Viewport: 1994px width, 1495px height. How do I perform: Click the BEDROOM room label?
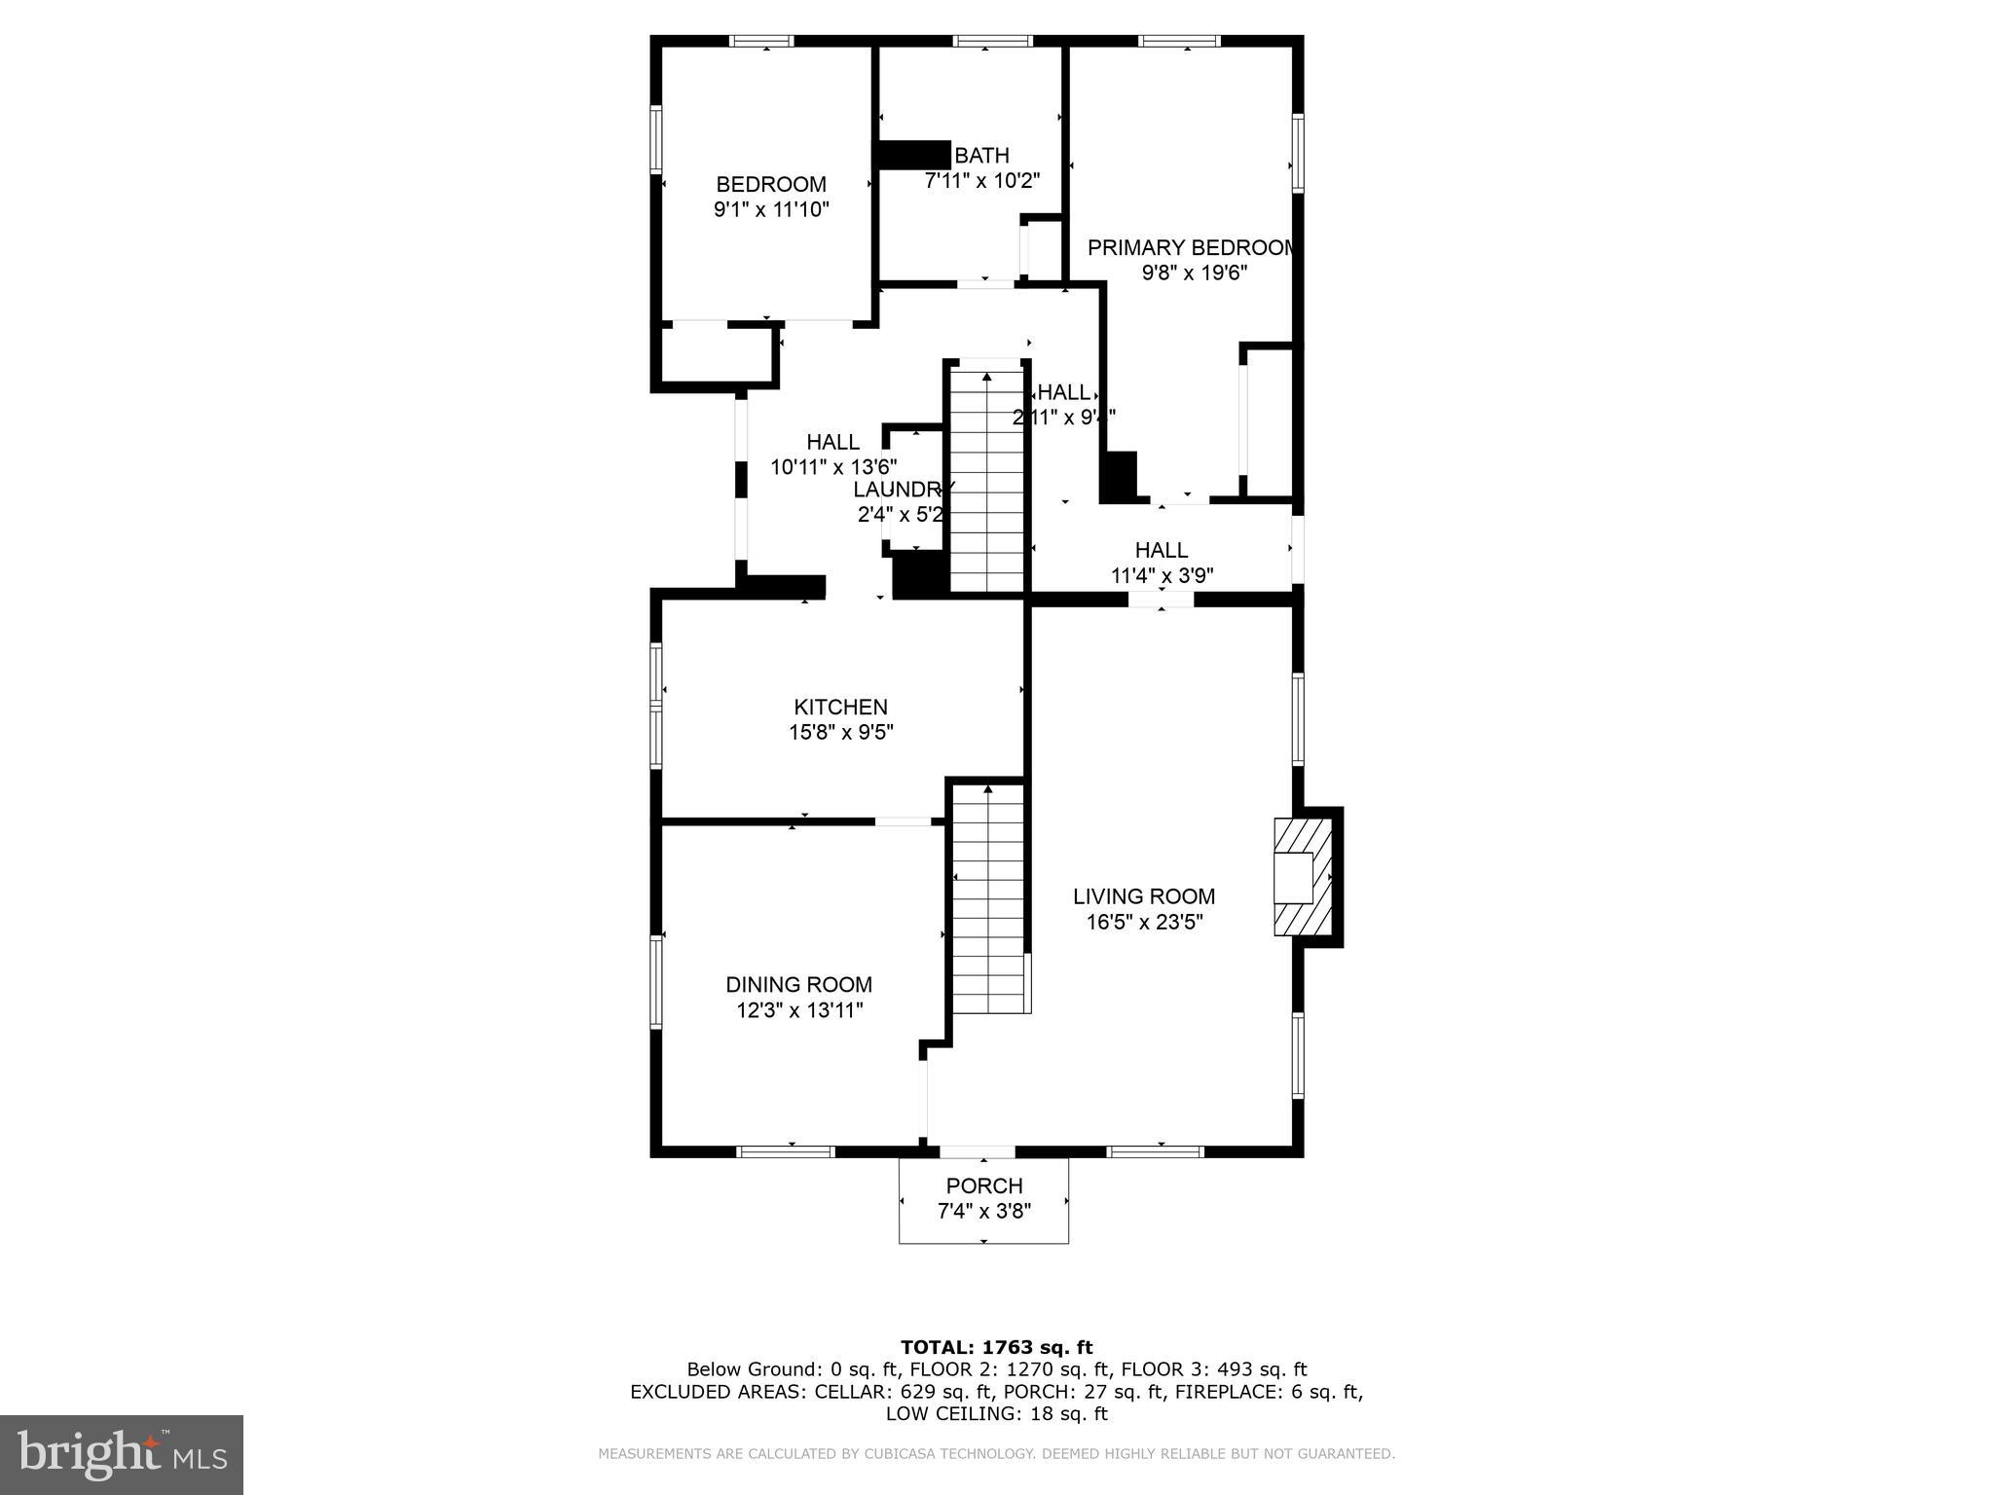pyautogui.click(x=770, y=184)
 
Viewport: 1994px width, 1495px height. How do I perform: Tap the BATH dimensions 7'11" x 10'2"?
pyautogui.click(x=981, y=181)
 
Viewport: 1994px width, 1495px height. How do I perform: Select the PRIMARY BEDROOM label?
pyautogui.click(x=1192, y=248)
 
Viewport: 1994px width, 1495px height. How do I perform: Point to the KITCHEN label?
pyautogui.click(x=840, y=708)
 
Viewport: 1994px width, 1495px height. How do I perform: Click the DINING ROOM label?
pyautogui.click(x=798, y=985)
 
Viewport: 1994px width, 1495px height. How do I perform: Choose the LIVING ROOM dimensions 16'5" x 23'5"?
pyautogui.click(x=1145, y=922)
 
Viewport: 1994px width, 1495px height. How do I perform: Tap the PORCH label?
pyautogui.click(x=983, y=1186)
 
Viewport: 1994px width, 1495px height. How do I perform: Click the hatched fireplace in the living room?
pyautogui.click(x=1302, y=876)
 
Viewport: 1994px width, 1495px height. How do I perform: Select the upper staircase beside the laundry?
pyautogui.click(x=987, y=477)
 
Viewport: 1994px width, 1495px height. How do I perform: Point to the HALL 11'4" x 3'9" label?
pyautogui.click(x=1161, y=563)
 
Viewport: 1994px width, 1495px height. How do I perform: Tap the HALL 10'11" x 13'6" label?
pyautogui.click(x=832, y=455)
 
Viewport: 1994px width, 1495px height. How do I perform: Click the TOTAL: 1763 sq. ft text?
pyautogui.click(x=996, y=1348)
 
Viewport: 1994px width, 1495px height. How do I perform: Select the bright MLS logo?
pyautogui.click(x=122, y=1454)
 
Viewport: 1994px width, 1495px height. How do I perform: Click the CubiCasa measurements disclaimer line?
pyautogui.click(x=996, y=1454)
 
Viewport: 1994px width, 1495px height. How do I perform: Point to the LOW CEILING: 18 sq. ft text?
pyautogui.click(x=996, y=1413)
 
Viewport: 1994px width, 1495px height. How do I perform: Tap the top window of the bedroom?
pyautogui.click(x=762, y=41)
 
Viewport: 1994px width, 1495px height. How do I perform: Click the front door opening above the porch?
pyautogui.click(x=977, y=1152)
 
